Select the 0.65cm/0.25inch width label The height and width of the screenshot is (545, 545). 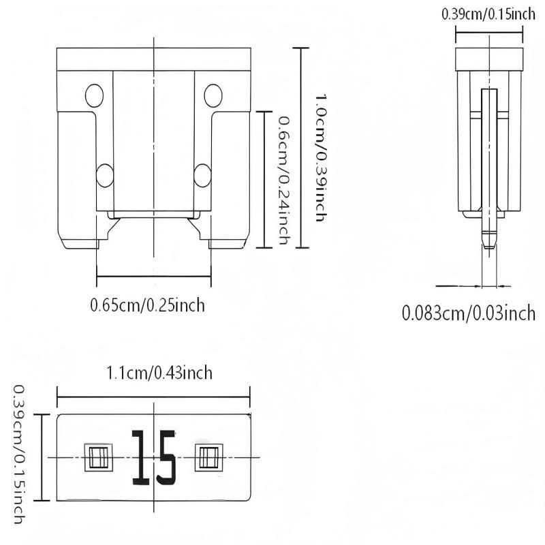(147, 305)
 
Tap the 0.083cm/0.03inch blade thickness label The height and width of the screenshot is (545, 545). (469, 313)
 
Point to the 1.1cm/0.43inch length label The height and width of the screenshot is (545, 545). (159, 373)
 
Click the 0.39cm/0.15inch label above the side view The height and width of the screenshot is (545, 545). (488, 14)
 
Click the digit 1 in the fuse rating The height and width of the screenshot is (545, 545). (141, 457)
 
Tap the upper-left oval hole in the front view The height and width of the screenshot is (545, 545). (94, 95)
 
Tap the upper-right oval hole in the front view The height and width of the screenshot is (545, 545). (213, 95)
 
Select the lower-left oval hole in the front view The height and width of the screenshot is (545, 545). (104, 175)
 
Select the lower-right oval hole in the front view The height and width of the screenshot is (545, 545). (202, 175)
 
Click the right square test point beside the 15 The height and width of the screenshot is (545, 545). (207, 456)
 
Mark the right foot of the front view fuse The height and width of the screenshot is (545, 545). (228, 243)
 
